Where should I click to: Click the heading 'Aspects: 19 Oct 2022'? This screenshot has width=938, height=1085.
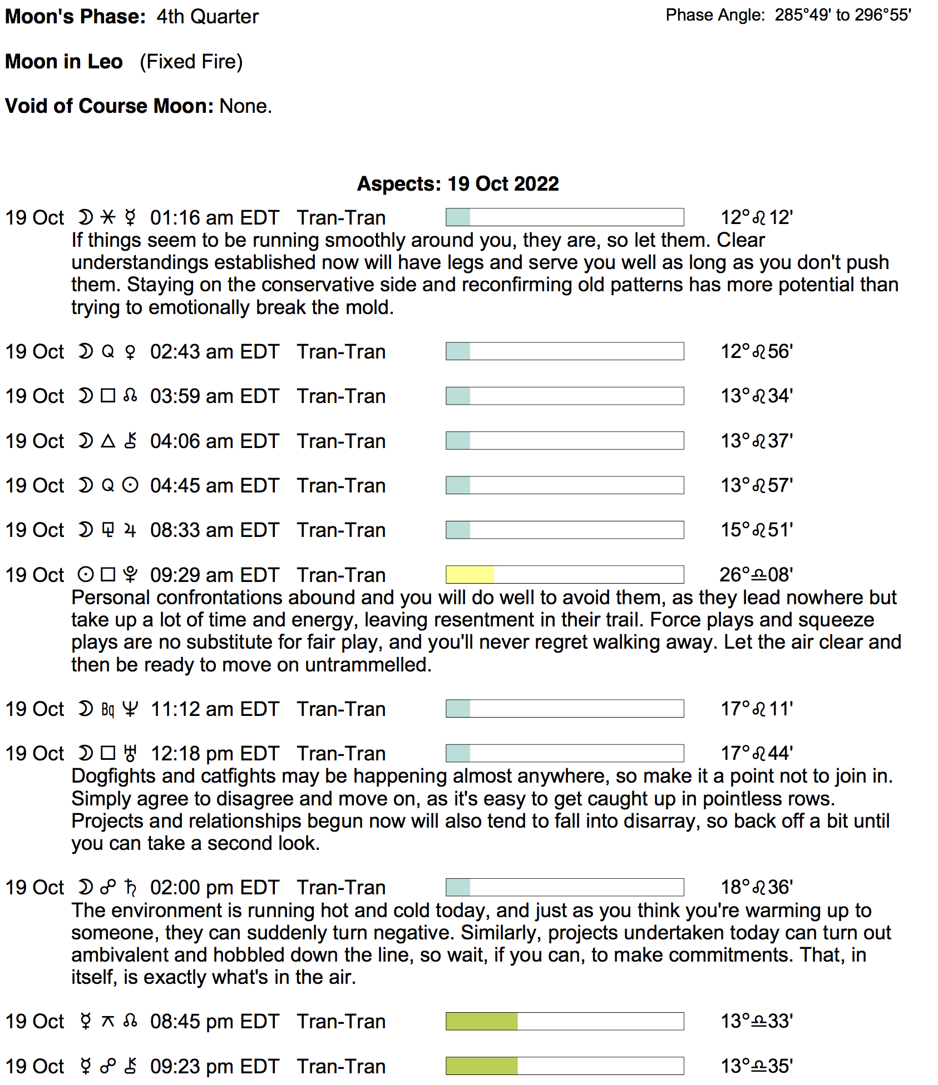[457, 184]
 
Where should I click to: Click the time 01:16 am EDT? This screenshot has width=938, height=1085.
[214, 218]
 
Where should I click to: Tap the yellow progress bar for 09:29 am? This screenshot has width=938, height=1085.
[470, 575]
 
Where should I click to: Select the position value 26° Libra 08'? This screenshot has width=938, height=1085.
[756, 575]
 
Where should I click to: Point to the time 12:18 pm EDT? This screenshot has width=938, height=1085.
[215, 754]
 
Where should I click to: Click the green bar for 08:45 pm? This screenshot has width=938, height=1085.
[482, 1022]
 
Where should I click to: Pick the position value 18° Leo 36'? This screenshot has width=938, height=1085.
[756, 888]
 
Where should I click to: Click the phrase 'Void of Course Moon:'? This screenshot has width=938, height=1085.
[109, 106]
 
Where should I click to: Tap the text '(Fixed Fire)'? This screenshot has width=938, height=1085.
[191, 62]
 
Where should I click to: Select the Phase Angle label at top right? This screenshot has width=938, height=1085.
[715, 15]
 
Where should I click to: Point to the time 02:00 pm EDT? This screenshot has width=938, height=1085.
[214, 888]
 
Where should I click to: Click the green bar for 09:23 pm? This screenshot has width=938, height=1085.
[482, 1066]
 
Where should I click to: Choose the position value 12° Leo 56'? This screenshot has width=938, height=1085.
[756, 352]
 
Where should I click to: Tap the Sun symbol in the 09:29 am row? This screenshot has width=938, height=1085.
[85, 575]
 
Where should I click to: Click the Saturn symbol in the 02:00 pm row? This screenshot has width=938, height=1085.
[130, 888]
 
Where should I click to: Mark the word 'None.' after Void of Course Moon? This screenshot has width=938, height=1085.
[245, 106]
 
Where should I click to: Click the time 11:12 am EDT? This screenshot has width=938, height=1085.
[215, 709]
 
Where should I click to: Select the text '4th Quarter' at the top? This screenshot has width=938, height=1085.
[207, 17]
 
